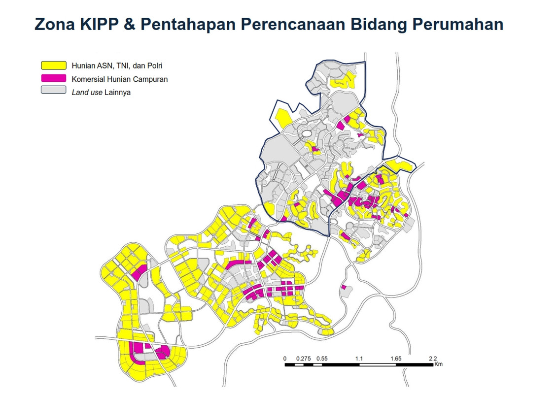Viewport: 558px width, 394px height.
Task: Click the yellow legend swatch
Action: tap(53, 65)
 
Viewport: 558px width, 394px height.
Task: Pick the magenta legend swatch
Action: tap(53, 78)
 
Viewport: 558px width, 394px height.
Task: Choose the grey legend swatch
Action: tap(53, 91)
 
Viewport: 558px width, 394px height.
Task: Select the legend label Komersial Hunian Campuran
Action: tap(120, 79)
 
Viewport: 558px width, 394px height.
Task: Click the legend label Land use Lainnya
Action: tap(101, 92)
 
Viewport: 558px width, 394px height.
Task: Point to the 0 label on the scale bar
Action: tap(285, 359)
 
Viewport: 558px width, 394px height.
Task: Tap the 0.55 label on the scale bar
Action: tap(322, 359)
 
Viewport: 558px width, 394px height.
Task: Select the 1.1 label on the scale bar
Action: tap(359, 359)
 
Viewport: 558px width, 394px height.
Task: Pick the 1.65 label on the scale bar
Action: tap(396, 359)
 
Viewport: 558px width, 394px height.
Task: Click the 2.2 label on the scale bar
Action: tap(433, 359)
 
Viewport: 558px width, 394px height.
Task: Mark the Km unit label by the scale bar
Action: tap(439, 365)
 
